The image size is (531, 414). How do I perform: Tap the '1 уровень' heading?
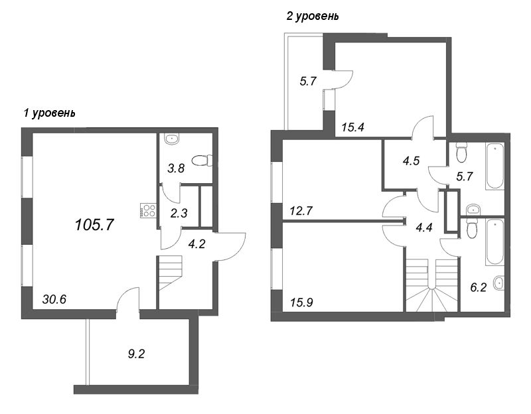click(49, 113)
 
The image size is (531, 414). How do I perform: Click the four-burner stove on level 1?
click(147, 210)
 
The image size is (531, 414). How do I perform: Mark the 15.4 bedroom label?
click(354, 127)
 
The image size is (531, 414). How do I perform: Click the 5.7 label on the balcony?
click(307, 82)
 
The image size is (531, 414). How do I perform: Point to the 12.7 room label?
click(301, 212)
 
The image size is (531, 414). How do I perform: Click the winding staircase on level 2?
click(432, 288)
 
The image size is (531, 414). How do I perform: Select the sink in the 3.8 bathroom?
click(172, 139)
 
